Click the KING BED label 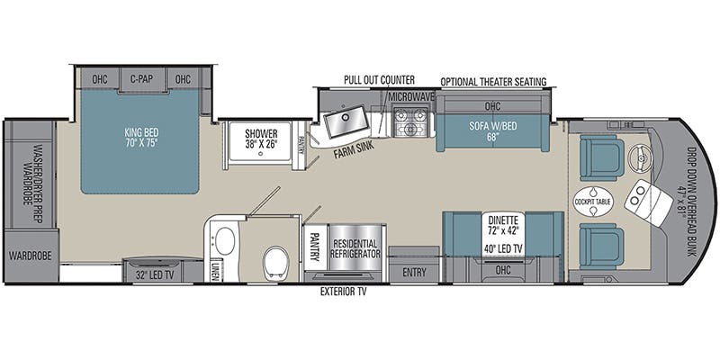[x=141, y=138]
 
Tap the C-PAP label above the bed [x=141, y=79]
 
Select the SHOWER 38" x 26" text [x=261, y=139]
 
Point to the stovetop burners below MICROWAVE [x=411, y=122]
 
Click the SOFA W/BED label [x=492, y=131]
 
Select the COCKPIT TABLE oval [x=593, y=202]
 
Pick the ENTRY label [x=414, y=273]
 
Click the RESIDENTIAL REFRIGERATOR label [x=356, y=248]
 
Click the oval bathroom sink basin [x=225, y=240]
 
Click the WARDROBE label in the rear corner [x=31, y=256]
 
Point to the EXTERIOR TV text [x=344, y=292]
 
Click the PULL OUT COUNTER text [x=379, y=80]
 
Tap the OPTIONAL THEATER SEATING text [x=493, y=82]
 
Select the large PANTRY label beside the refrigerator [x=314, y=247]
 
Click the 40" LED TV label [x=503, y=248]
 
